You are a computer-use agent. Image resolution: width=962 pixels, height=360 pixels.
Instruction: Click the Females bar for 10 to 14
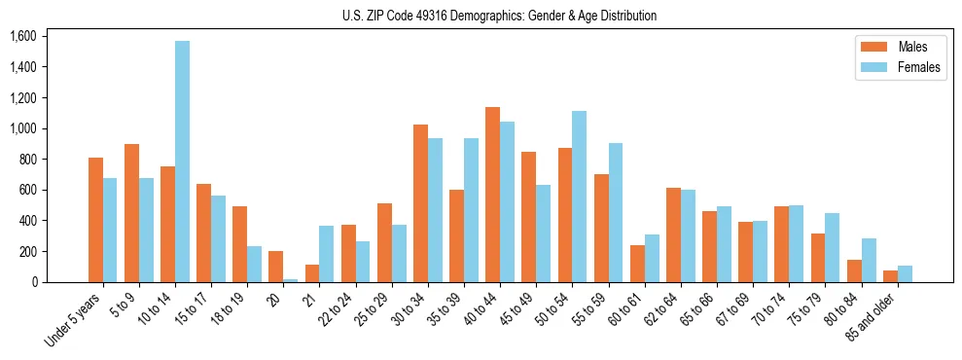[183, 162]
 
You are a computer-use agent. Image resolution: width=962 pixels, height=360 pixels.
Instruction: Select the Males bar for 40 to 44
[493, 195]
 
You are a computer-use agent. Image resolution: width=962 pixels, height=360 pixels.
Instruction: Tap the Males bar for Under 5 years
[95, 220]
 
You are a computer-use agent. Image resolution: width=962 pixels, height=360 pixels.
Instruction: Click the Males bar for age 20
[276, 267]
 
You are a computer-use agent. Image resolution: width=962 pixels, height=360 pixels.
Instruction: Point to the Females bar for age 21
[327, 254]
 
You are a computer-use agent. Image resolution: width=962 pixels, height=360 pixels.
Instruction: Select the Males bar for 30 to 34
[420, 203]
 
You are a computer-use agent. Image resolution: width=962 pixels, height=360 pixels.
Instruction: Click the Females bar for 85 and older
[905, 273]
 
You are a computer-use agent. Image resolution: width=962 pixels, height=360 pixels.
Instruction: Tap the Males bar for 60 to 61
[637, 264]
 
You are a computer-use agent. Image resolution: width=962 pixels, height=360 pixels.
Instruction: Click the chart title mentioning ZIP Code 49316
[499, 16]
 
